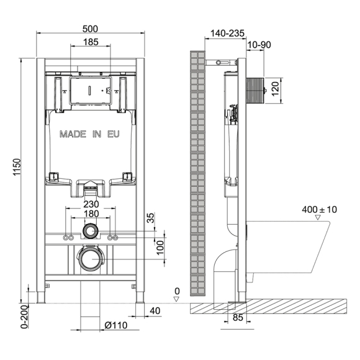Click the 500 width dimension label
tap(90, 29)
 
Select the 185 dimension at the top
tap(91, 42)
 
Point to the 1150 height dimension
tap(17, 167)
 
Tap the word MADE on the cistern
tap(73, 134)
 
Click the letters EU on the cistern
tap(114, 134)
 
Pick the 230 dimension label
tap(91, 204)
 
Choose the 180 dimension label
tap(91, 214)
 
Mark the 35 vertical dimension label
tap(151, 218)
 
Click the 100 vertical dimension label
tap(160, 248)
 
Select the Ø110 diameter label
tap(115, 325)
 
